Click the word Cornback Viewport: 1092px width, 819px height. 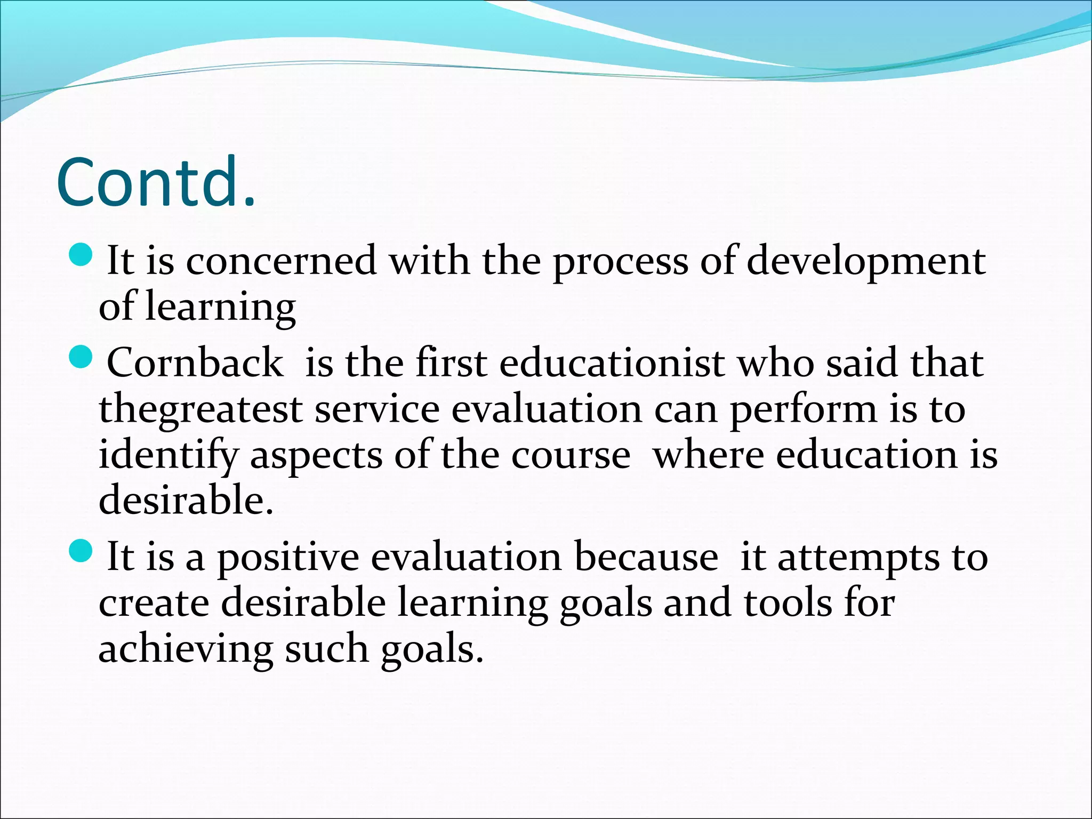195,363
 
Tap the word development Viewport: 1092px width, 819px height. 865,261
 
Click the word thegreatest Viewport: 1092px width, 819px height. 201,409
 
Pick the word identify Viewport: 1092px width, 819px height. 168,456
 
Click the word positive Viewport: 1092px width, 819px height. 288,558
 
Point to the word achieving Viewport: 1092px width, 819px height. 185,649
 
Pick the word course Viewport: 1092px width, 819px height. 571,456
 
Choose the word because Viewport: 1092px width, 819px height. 646,557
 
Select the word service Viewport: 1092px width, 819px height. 377,409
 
